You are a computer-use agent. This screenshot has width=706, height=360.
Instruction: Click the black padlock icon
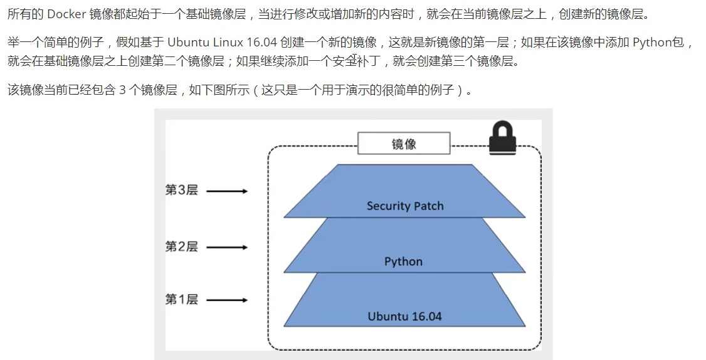pyautogui.click(x=502, y=138)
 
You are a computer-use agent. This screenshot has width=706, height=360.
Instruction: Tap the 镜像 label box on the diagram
pyautogui.click(x=404, y=144)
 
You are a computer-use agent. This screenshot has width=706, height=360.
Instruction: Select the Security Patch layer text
pyautogui.click(x=405, y=206)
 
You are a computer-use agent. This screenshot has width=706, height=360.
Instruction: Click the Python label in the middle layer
pyautogui.click(x=403, y=262)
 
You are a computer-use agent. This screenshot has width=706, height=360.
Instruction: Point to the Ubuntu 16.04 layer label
pyautogui.click(x=404, y=316)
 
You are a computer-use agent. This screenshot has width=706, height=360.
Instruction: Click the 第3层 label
pyautogui.click(x=181, y=190)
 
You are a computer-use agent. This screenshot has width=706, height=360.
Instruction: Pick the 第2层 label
pyautogui.click(x=181, y=246)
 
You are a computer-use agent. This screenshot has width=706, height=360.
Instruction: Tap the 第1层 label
pyautogui.click(x=181, y=300)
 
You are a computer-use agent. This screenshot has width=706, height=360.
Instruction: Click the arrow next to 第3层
pyautogui.click(x=227, y=191)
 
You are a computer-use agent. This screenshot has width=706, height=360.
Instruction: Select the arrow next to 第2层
pyautogui.click(x=227, y=247)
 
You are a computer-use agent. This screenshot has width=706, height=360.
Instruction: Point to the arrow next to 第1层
pyautogui.click(x=227, y=300)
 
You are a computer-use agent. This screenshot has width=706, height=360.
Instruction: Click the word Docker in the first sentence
pyautogui.click(x=66, y=14)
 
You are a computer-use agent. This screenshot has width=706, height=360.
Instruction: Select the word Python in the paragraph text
pyautogui.click(x=653, y=43)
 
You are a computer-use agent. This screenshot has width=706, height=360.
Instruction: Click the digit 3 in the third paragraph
pyautogui.click(x=122, y=90)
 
